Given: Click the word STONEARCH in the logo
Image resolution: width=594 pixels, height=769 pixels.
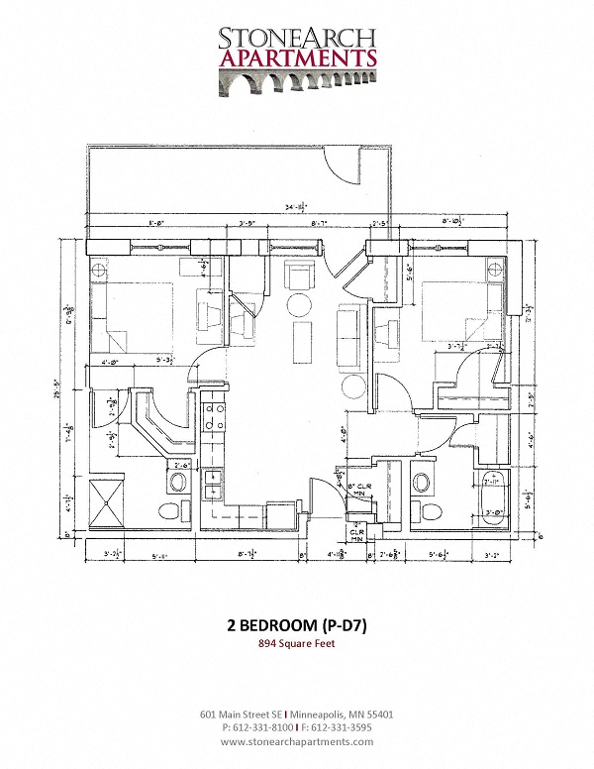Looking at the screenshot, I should pos(297,39).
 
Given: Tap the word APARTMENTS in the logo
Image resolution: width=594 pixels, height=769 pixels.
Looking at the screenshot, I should pos(297,58).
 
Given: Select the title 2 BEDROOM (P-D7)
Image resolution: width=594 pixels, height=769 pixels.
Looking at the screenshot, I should pos(296,625).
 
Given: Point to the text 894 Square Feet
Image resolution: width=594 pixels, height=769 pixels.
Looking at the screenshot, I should pos(297,644).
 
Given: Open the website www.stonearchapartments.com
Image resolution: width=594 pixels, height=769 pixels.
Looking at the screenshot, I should pos(297,741).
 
